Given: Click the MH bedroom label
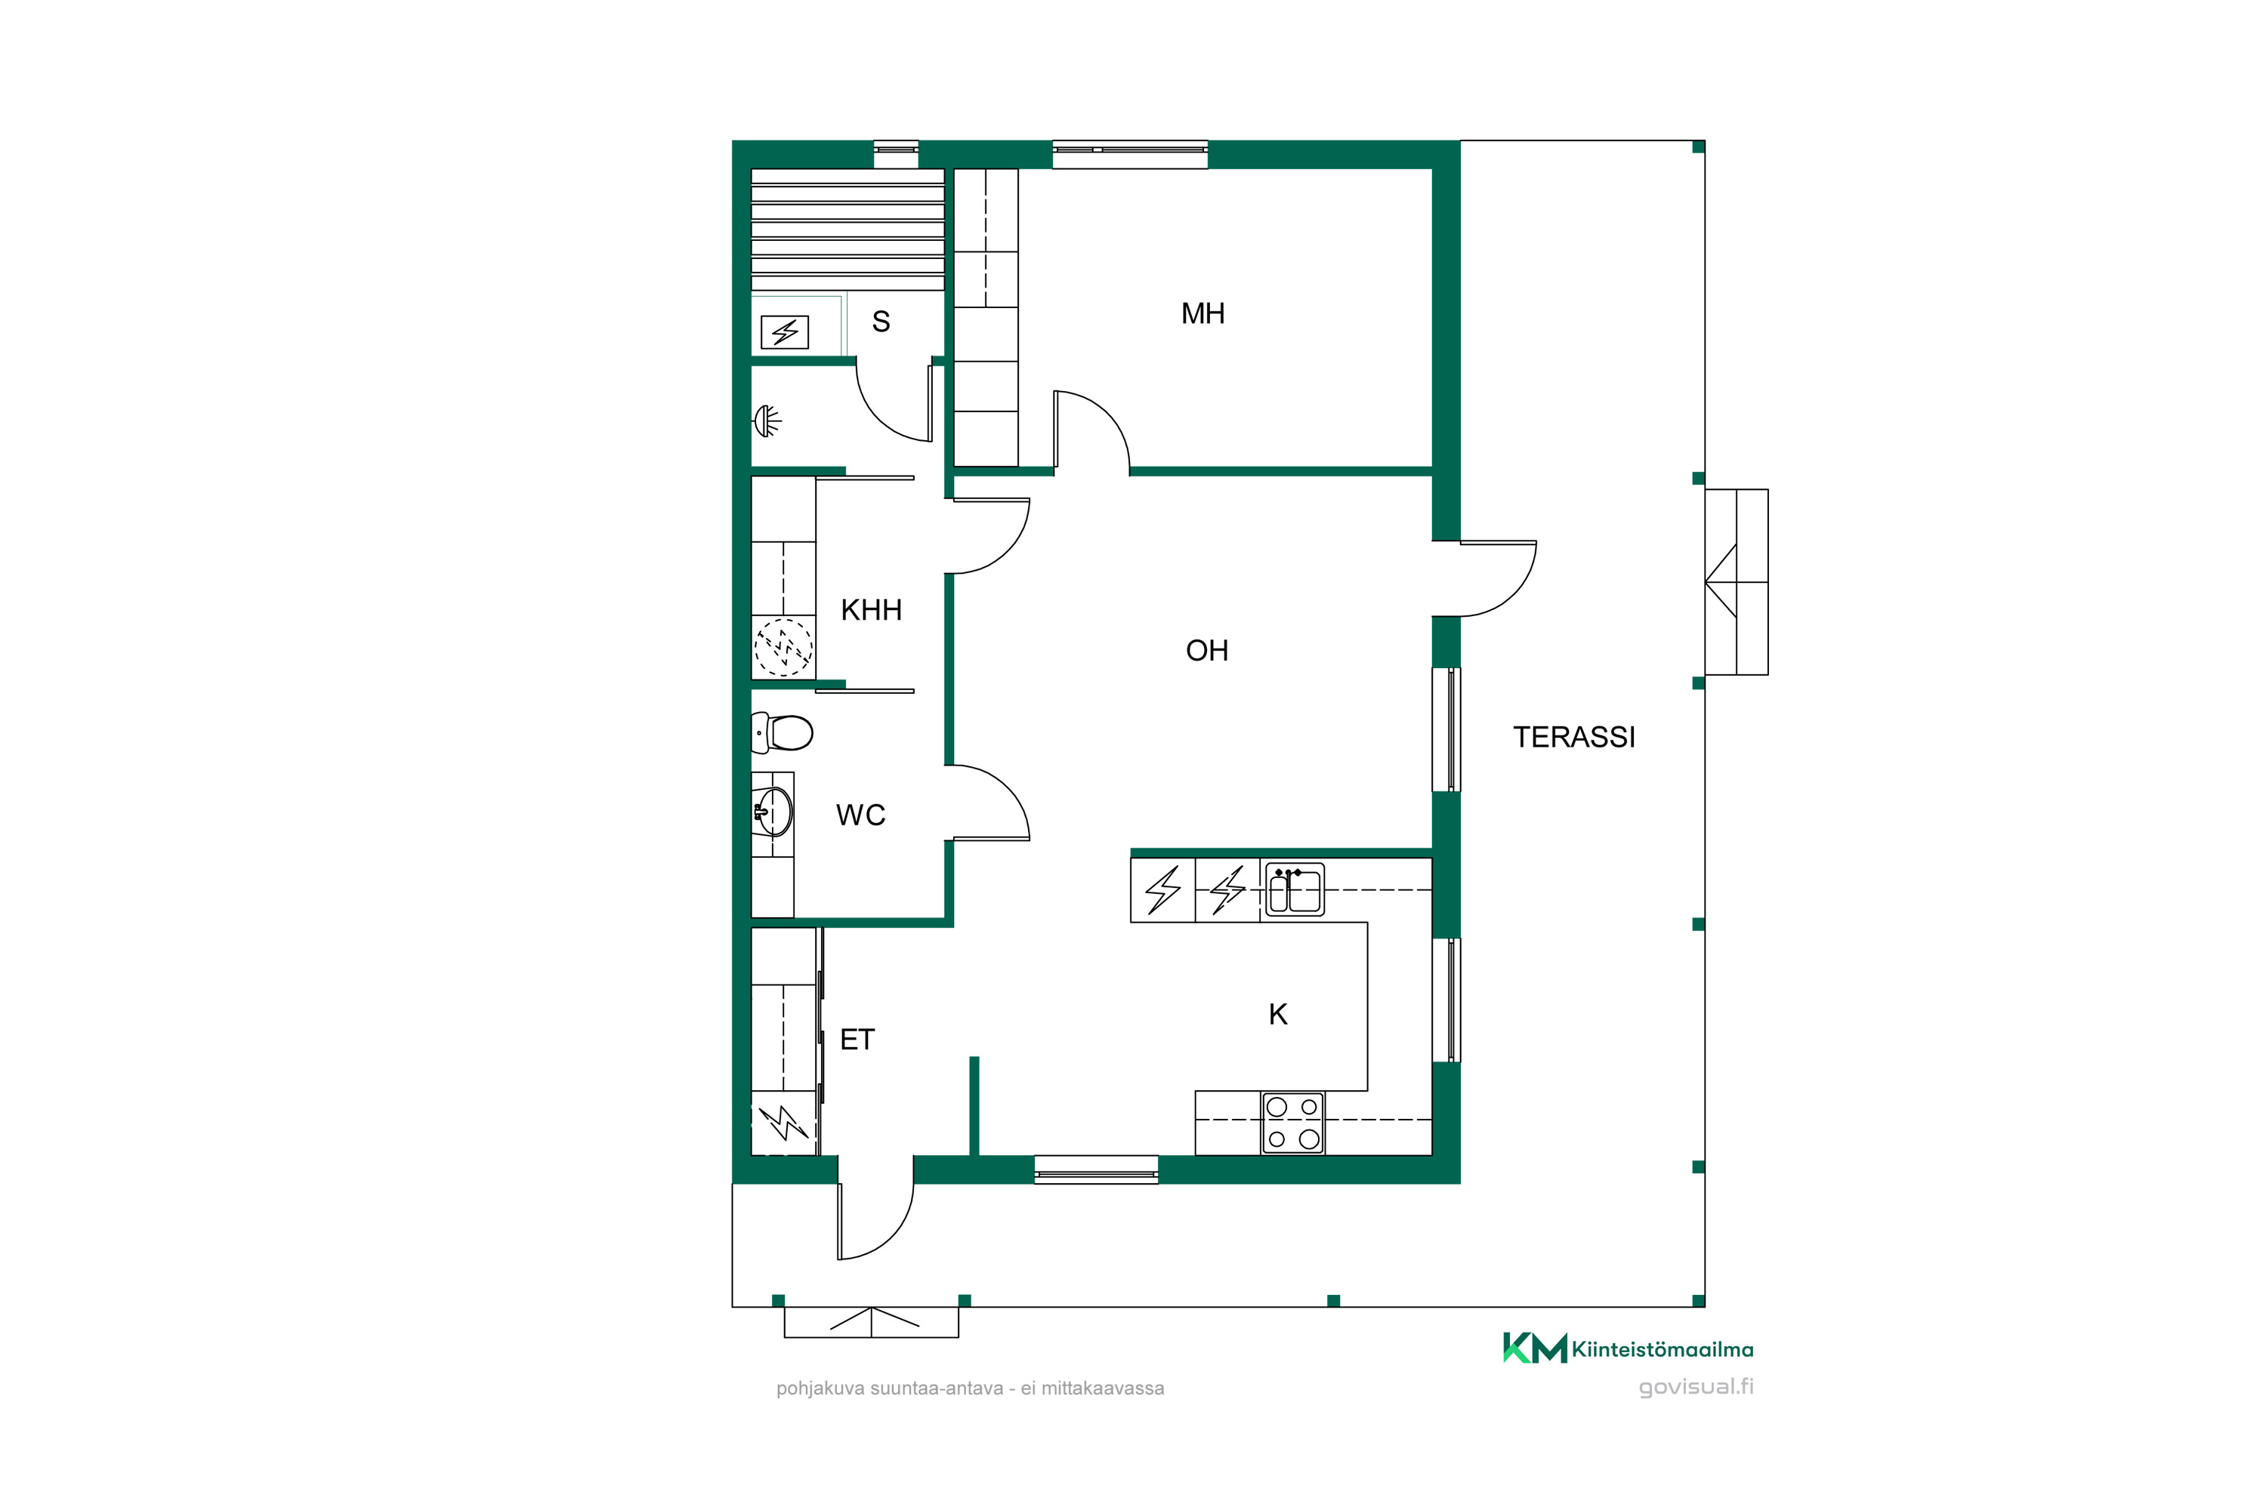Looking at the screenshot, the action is [x=1202, y=313].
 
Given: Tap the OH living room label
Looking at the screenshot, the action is [x=1206, y=650].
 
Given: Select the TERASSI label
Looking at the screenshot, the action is [x=1573, y=737].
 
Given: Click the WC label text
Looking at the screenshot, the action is [x=860, y=815].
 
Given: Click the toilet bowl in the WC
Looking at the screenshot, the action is [x=783, y=733].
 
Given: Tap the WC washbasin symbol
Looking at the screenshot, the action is [x=773, y=811].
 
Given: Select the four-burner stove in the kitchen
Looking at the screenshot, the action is [x=1293, y=1123].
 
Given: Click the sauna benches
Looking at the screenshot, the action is [x=847, y=230].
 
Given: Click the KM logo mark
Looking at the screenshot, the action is [x=1535, y=1348].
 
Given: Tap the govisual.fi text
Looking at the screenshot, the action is [x=1696, y=1387].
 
